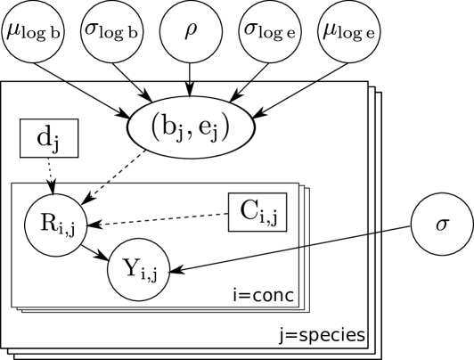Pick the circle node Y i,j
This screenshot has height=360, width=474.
click(138, 268)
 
